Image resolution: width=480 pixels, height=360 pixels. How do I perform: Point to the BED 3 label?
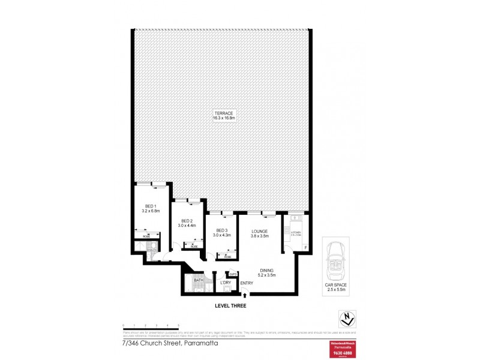click(221, 230)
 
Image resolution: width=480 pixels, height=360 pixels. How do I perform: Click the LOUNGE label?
click(259, 230)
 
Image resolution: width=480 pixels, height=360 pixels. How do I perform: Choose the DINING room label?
click(266, 270)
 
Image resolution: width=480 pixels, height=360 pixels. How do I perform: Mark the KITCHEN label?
click(296, 232)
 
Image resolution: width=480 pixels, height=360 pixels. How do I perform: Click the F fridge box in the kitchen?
click(305, 248)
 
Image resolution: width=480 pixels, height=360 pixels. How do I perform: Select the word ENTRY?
click(247, 283)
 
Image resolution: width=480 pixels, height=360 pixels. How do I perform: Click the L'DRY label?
click(226, 282)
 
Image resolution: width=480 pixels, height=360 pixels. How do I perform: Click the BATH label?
click(198, 280)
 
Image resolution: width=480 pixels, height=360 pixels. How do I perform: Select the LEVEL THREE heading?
click(230, 305)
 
